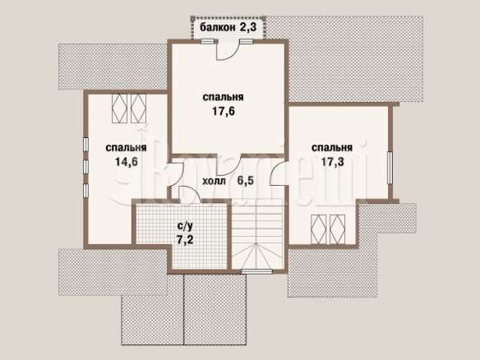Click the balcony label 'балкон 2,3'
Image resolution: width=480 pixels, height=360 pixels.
(x=228, y=27)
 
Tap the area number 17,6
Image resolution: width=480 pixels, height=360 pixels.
(x=224, y=112)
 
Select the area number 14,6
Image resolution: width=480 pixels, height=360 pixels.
(x=126, y=162)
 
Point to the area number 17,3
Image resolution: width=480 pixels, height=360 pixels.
(x=332, y=162)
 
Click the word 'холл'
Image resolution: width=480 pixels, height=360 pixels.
(x=215, y=181)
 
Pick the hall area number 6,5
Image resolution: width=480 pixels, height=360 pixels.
(x=246, y=181)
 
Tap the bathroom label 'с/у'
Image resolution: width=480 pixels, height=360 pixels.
(x=185, y=226)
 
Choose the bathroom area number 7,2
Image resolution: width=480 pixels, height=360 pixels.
(x=185, y=240)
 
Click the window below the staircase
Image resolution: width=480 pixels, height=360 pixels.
(x=256, y=271)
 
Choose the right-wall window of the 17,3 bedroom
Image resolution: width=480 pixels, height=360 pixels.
(x=390, y=168)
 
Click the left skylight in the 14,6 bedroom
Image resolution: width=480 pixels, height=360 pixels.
(x=119, y=108)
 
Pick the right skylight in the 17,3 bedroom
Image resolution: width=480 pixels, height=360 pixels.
(x=337, y=229)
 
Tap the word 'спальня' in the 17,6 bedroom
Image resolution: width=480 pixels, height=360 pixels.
(x=224, y=97)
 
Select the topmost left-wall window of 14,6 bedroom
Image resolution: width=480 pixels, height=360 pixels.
(x=86, y=145)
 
